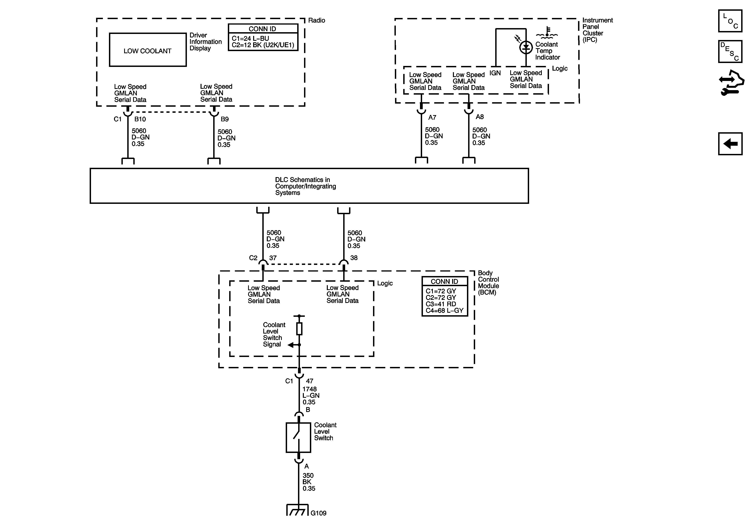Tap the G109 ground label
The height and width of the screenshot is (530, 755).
click(318, 513)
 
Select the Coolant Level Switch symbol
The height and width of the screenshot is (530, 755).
click(298, 438)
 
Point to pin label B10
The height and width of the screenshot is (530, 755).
click(140, 119)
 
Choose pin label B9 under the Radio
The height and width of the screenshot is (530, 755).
click(225, 119)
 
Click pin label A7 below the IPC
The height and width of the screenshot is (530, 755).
click(432, 117)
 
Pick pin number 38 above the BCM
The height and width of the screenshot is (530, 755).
click(354, 258)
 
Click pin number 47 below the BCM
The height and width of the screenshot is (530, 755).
click(309, 381)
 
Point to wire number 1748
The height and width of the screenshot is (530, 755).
click(309, 389)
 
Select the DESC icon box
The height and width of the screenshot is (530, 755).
click(730, 51)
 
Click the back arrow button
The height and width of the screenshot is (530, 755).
click(730, 144)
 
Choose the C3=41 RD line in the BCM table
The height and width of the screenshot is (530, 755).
click(441, 304)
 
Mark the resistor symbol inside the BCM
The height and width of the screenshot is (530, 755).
click(299, 328)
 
